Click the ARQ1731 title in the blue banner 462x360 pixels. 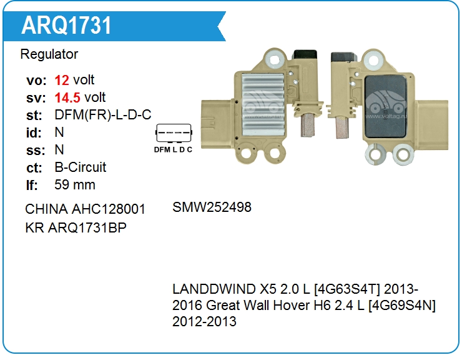click(x=66, y=26)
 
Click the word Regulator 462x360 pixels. click(x=49, y=54)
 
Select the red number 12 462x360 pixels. click(x=62, y=80)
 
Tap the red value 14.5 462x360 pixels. click(x=67, y=97)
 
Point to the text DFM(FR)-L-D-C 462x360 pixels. click(x=103, y=115)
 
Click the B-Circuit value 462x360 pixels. click(x=80, y=167)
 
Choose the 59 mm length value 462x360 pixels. click(x=75, y=185)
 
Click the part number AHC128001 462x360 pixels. click(x=109, y=209)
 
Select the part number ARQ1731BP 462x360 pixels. click(x=87, y=227)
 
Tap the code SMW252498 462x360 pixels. click(x=212, y=207)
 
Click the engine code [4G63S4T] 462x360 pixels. click(x=347, y=289)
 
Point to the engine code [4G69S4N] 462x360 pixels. click(x=402, y=306)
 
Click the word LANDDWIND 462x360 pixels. click(x=214, y=289)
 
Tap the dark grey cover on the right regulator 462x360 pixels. click(x=385, y=107)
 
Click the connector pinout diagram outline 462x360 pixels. click(x=174, y=133)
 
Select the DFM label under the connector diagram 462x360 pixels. click(x=162, y=150)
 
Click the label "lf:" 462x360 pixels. click(x=32, y=185)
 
